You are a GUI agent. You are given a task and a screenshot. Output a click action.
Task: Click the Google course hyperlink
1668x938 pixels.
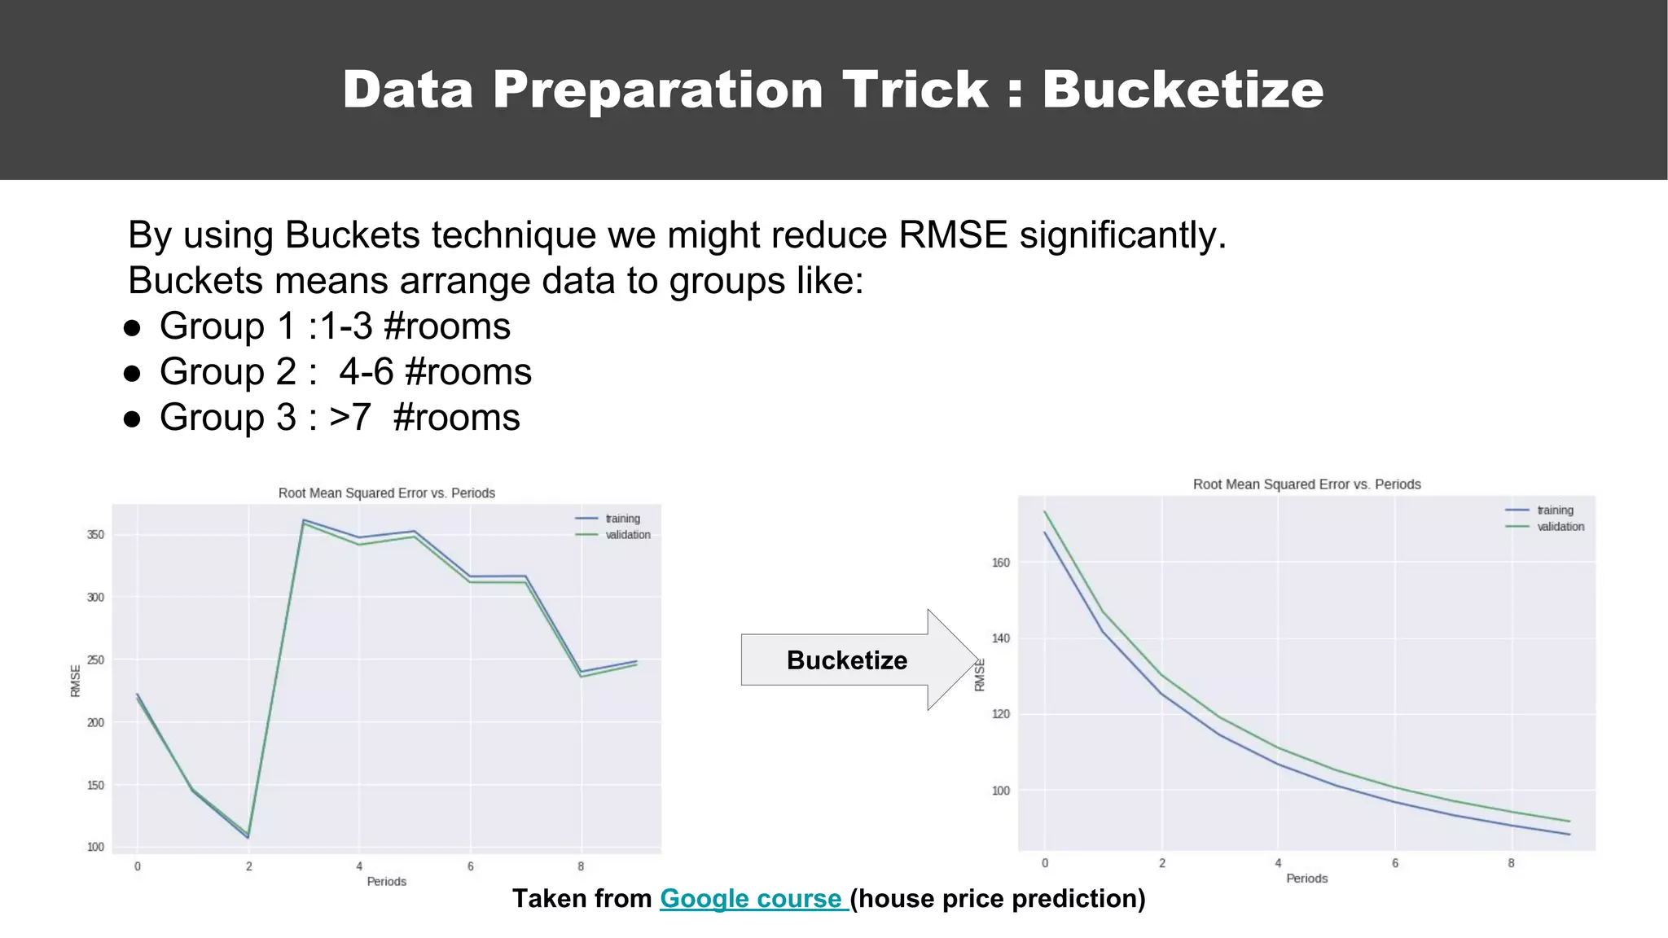(x=754, y=898)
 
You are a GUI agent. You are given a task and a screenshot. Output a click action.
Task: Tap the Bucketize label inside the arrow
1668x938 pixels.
(x=846, y=660)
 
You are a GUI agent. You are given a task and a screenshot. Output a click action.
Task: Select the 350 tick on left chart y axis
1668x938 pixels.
(x=95, y=535)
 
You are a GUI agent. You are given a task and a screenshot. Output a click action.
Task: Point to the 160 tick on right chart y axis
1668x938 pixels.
(x=1000, y=563)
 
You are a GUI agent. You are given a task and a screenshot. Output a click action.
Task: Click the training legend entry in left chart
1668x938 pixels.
(x=622, y=519)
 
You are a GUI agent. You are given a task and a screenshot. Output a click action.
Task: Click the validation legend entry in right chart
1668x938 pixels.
(x=1560, y=527)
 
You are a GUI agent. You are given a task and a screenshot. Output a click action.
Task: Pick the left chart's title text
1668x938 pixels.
(x=386, y=493)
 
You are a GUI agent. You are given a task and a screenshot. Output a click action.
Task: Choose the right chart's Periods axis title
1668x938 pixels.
(x=1306, y=878)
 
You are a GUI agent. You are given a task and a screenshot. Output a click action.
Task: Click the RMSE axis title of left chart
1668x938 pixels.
(x=75, y=681)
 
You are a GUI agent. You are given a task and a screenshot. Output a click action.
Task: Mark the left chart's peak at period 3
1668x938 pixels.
(x=303, y=520)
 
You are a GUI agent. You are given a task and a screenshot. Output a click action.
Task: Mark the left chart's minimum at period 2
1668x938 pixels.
(x=248, y=836)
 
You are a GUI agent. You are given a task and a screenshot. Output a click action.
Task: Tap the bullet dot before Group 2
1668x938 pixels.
(x=132, y=374)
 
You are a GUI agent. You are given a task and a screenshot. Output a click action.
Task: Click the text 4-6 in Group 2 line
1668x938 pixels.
(x=366, y=372)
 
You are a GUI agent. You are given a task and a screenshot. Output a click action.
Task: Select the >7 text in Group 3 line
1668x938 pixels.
(x=350, y=418)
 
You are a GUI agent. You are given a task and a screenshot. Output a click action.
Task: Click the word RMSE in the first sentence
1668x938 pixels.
(x=953, y=235)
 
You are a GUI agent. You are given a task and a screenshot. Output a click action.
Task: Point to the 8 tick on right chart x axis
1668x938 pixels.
(x=1511, y=863)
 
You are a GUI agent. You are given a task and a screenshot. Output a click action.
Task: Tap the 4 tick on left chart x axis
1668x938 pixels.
(x=359, y=866)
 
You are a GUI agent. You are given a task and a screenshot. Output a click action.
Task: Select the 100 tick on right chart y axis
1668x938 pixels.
(x=1000, y=791)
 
